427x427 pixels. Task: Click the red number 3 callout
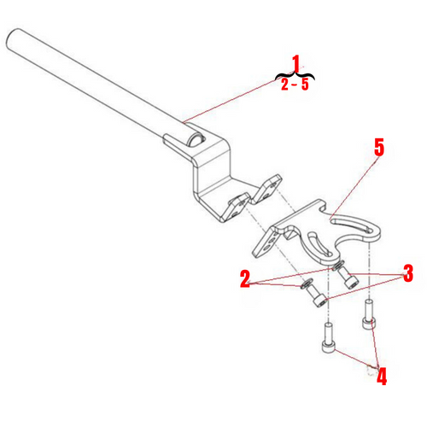pyautogui.click(x=408, y=273)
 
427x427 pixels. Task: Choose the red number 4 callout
pyautogui.click(x=381, y=375)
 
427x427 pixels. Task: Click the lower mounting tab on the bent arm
pyautogui.click(x=236, y=208)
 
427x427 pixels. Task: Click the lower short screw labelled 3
pyautogui.click(x=319, y=298)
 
